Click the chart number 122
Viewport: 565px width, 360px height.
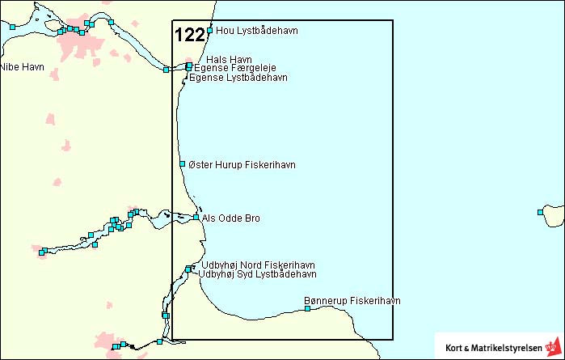(x=190, y=35)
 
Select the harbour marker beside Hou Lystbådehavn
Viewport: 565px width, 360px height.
(x=210, y=31)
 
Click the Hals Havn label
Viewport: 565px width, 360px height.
(x=230, y=60)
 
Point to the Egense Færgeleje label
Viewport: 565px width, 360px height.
(x=235, y=69)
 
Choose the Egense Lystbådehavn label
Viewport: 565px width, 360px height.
(x=238, y=78)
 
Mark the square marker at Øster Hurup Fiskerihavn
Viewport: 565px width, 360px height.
(x=183, y=164)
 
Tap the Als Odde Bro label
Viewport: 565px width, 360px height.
(x=231, y=218)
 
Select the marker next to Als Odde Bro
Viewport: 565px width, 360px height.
(x=196, y=217)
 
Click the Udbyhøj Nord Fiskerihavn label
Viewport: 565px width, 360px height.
(x=258, y=265)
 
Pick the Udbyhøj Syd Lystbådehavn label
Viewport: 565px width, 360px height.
(x=257, y=274)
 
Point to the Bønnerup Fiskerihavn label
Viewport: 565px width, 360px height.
(x=352, y=301)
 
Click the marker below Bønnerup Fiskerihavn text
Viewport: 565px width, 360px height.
(x=307, y=308)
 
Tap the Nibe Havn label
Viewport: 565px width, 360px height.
(x=22, y=67)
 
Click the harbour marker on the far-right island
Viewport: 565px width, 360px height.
(x=541, y=213)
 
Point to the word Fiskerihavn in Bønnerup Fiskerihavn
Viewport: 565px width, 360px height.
(x=376, y=301)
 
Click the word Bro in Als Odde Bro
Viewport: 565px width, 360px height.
(x=252, y=218)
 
